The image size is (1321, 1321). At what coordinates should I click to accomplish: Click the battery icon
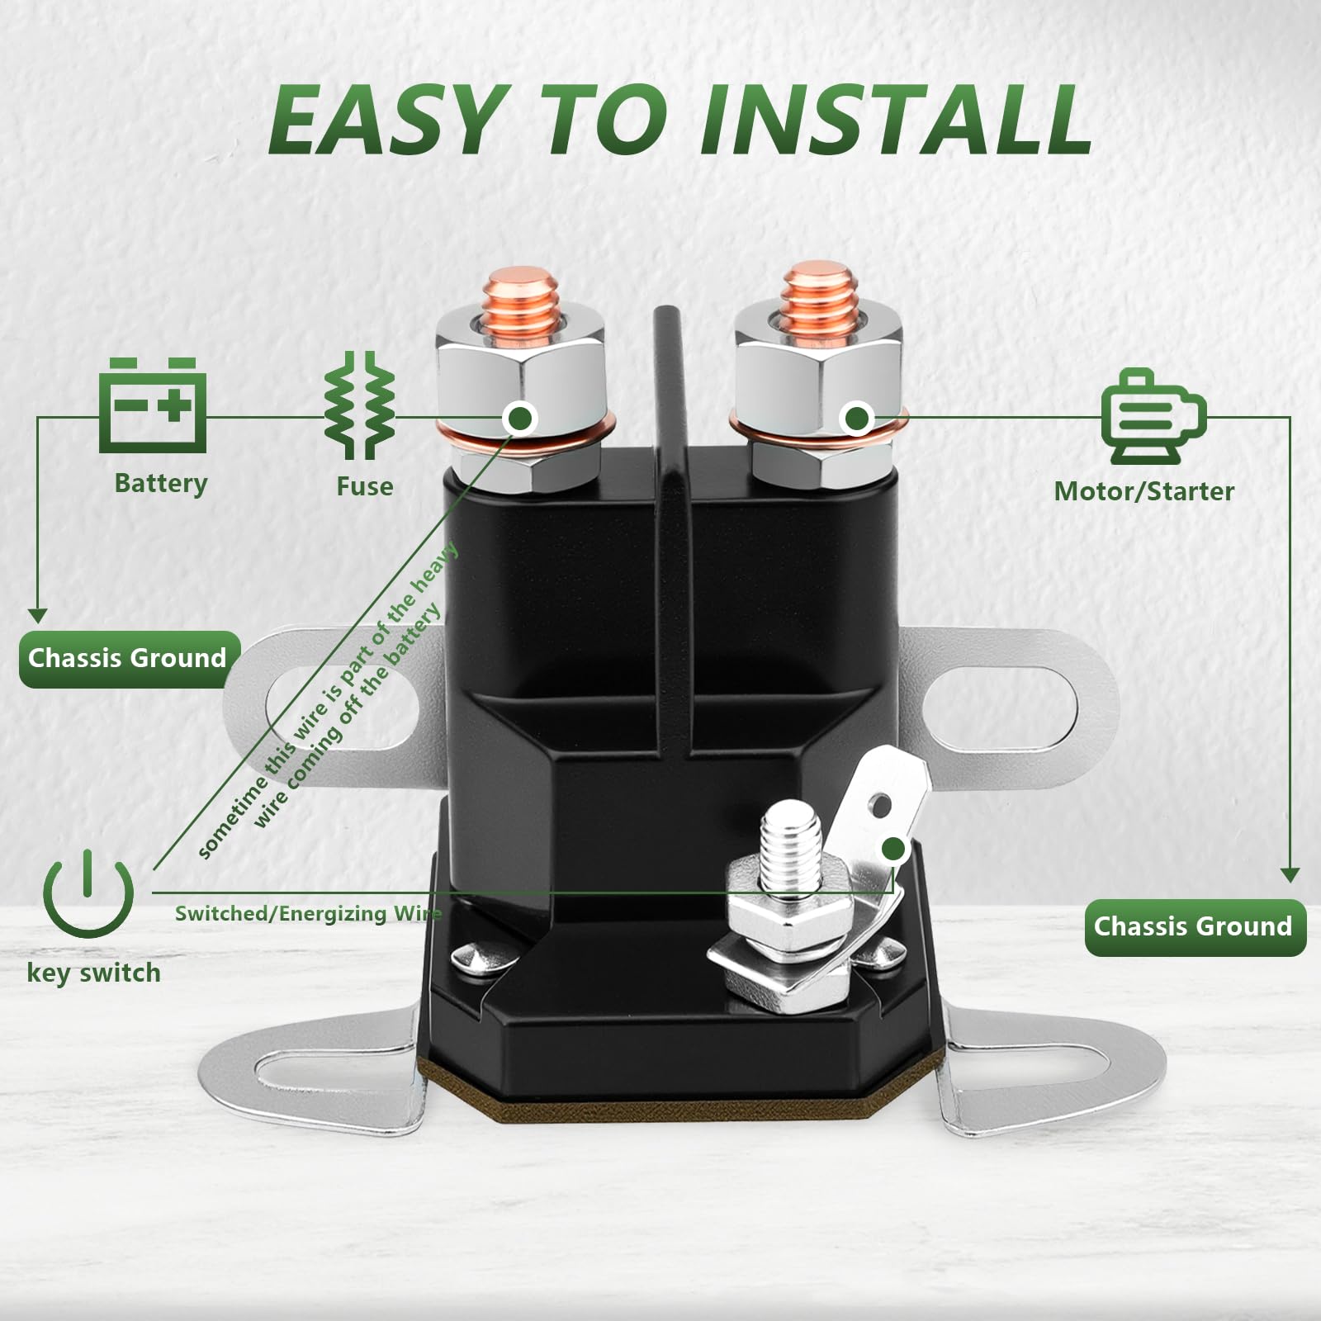point(153,406)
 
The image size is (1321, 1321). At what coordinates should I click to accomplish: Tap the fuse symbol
point(360,405)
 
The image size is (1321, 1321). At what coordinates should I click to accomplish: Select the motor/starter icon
point(1153,416)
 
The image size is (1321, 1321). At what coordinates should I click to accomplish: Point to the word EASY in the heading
point(389,121)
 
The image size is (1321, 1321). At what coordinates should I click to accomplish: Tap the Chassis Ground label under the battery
point(128,658)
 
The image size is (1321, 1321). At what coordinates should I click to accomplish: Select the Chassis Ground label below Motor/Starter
point(1194,926)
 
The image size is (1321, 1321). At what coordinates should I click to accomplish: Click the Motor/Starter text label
point(1143,491)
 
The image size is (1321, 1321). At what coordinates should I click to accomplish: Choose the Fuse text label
point(364,486)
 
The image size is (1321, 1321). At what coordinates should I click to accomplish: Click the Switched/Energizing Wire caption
point(307,913)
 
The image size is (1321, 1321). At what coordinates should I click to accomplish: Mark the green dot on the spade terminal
point(893,849)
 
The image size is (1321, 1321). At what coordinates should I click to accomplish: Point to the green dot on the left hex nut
point(520,419)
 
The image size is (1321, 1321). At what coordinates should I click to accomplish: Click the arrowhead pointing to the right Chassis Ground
point(1290,875)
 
